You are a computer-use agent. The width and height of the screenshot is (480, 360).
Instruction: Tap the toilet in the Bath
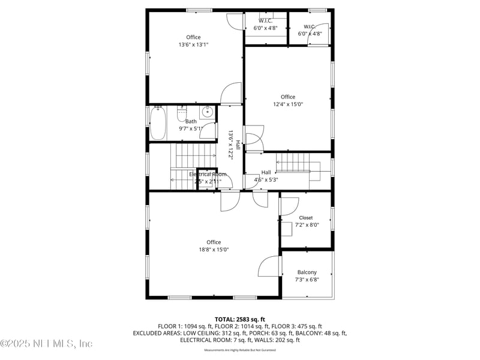(182, 112)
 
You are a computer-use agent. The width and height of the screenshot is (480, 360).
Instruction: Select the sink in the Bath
(207, 112)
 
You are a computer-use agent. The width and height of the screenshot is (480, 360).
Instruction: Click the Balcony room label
(307, 272)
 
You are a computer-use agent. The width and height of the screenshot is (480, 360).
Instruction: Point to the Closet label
(306, 218)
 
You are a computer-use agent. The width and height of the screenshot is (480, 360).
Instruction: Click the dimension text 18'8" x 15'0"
(214, 250)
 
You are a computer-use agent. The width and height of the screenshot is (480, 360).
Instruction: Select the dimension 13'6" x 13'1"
(193, 44)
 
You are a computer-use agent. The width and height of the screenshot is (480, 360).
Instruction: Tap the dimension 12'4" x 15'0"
(288, 104)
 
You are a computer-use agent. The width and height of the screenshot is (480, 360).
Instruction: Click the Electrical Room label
(208, 174)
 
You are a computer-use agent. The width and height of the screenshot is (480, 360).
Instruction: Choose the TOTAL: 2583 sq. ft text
(240, 319)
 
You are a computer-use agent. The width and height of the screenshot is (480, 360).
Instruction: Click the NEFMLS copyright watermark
(47, 344)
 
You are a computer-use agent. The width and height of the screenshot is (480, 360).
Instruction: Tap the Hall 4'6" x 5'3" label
(266, 176)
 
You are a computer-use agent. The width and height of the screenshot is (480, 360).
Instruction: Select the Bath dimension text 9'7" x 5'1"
(191, 128)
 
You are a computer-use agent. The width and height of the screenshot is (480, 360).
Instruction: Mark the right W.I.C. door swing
(322, 31)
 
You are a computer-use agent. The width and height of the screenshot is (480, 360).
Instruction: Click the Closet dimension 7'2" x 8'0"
(307, 225)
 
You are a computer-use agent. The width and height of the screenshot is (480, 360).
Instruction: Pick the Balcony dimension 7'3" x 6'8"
(307, 280)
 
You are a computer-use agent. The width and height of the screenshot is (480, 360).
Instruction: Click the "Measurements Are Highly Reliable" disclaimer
(240, 350)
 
